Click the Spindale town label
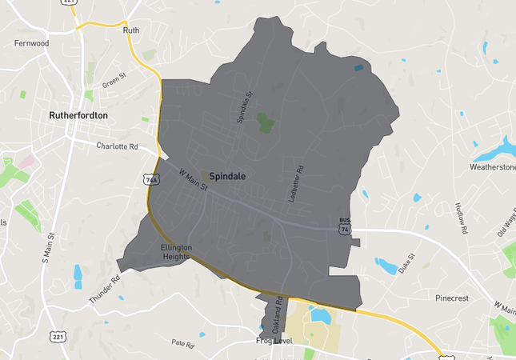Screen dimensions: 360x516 click(228, 175)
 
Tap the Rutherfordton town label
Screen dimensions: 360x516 click(78, 115)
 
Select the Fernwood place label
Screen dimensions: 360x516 click(31, 43)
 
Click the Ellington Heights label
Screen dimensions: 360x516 click(177, 252)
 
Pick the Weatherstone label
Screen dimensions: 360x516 click(492, 168)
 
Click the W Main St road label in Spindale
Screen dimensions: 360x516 click(193, 178)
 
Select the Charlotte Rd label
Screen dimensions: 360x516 click(117, 146)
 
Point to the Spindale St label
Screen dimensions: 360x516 click(245, 106)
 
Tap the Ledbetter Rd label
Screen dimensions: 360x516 click(297, 182)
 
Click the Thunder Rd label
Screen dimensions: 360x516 click(105, 289)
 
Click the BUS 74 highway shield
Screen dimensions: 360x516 click(345, 226)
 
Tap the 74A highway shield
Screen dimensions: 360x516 click(150, 180)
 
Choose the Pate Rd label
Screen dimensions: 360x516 click(183, 343)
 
